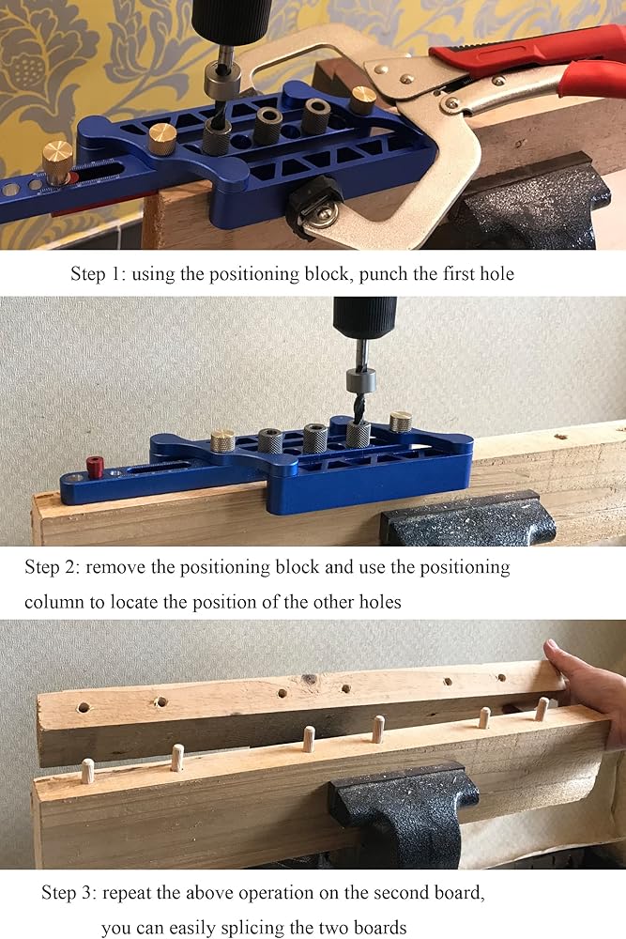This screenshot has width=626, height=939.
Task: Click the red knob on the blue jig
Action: click(x=95, y=467)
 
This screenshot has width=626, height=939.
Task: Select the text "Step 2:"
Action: click(x=52, y=567)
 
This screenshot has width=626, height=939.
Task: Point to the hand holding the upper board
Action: click(x=589, y=688)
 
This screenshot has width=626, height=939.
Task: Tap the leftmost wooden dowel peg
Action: click(x=88, y=771)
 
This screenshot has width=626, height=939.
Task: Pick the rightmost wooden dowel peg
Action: click(x=542, y=708)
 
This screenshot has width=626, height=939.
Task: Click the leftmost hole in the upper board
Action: click(x=84, y=708)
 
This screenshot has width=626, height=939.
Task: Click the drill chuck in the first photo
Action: click(x=231, y=21)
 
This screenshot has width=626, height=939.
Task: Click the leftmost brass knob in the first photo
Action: click(x=57, y=162)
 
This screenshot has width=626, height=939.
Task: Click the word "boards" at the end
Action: click(x=380, y=928)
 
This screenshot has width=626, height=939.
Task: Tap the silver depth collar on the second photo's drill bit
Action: click(x=361, y=379)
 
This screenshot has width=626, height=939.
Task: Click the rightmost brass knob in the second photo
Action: click(x=401, y=422)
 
